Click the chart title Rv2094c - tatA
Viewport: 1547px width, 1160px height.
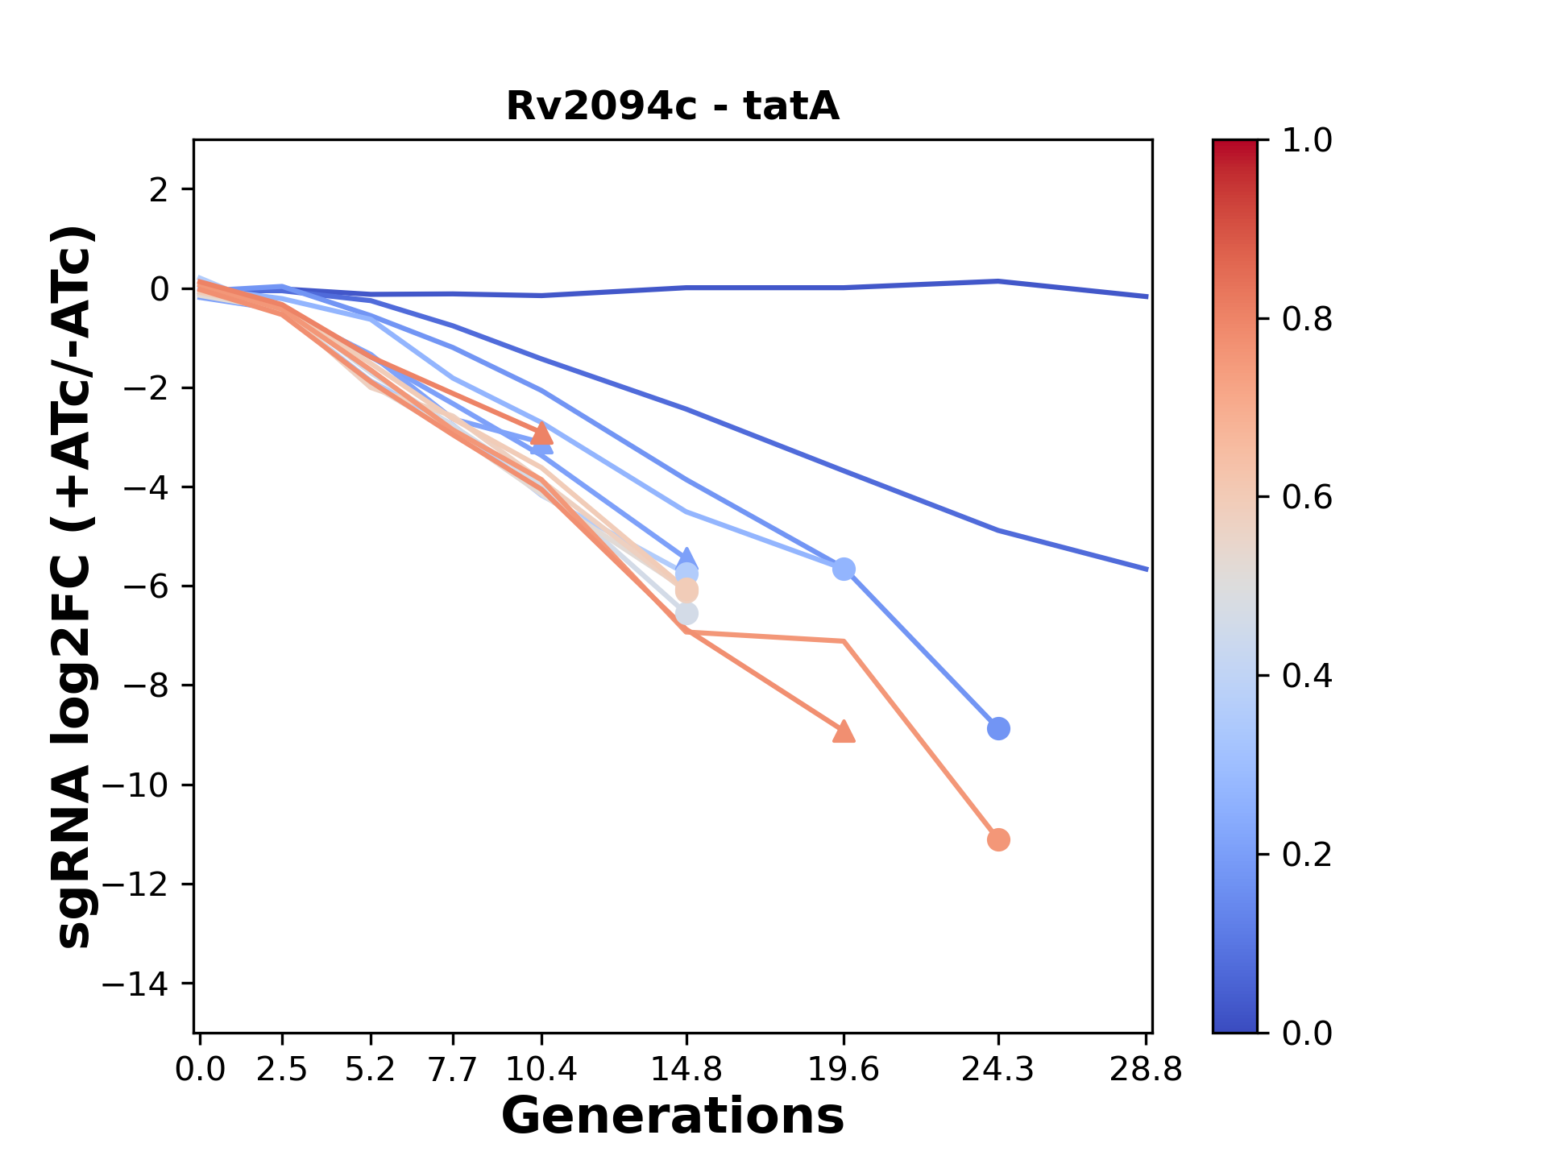[x=673, y=106]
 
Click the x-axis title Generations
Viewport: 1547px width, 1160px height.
[x=673, y=1116]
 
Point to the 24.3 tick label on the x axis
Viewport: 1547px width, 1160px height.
[x=997, y=1070]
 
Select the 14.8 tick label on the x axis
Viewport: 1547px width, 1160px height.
[x=686, y=1070]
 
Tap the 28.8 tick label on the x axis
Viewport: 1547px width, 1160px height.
[x=1146, y=1070]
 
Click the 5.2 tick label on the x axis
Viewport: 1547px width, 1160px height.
[x=370, y=1070]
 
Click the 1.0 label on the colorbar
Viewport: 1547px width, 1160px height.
[x=1306, y=141]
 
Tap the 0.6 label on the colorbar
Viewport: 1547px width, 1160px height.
[x=1306, y=498]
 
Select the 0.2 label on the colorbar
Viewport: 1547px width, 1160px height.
[x=1306, y=855]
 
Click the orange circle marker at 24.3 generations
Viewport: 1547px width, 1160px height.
[x=998, y=840]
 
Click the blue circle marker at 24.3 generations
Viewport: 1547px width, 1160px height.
[x=998, y=728]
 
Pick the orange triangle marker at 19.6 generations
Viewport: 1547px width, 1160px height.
[x=844, y=731]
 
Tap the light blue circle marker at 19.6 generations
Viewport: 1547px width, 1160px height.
[x=844, y=570]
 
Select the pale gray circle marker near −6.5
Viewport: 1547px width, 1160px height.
[x=686, y=614]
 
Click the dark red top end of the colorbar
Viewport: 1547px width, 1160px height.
[x=1234, y=146]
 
